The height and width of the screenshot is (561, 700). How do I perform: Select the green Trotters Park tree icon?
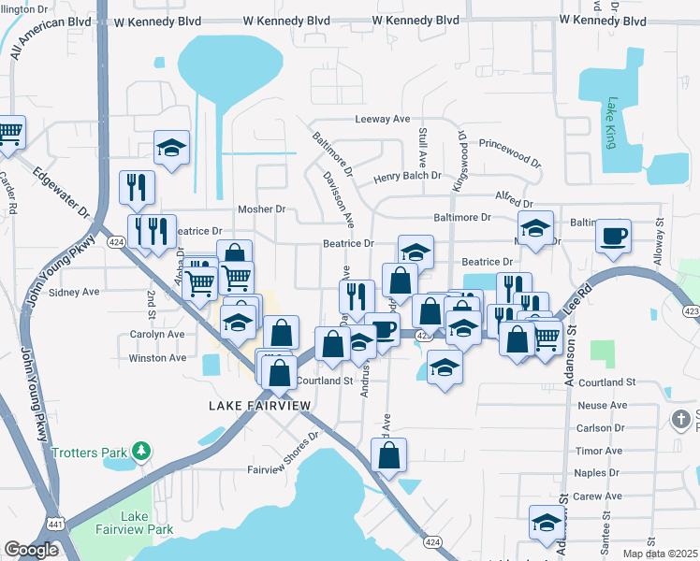click(140, 453)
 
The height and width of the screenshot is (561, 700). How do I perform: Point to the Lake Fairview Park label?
click(147, 523)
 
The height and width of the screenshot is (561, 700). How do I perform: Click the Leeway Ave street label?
click(383, 119)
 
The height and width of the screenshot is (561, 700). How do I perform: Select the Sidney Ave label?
click(74, 292)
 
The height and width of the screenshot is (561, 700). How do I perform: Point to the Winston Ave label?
click(157, 357)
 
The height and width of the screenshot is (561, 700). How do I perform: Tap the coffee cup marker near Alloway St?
click(613, 237)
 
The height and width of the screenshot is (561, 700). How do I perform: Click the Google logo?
click(32, 550)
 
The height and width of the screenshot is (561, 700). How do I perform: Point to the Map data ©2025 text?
click(660, 554)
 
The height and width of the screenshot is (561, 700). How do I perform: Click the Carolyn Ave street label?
click(157, 334)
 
